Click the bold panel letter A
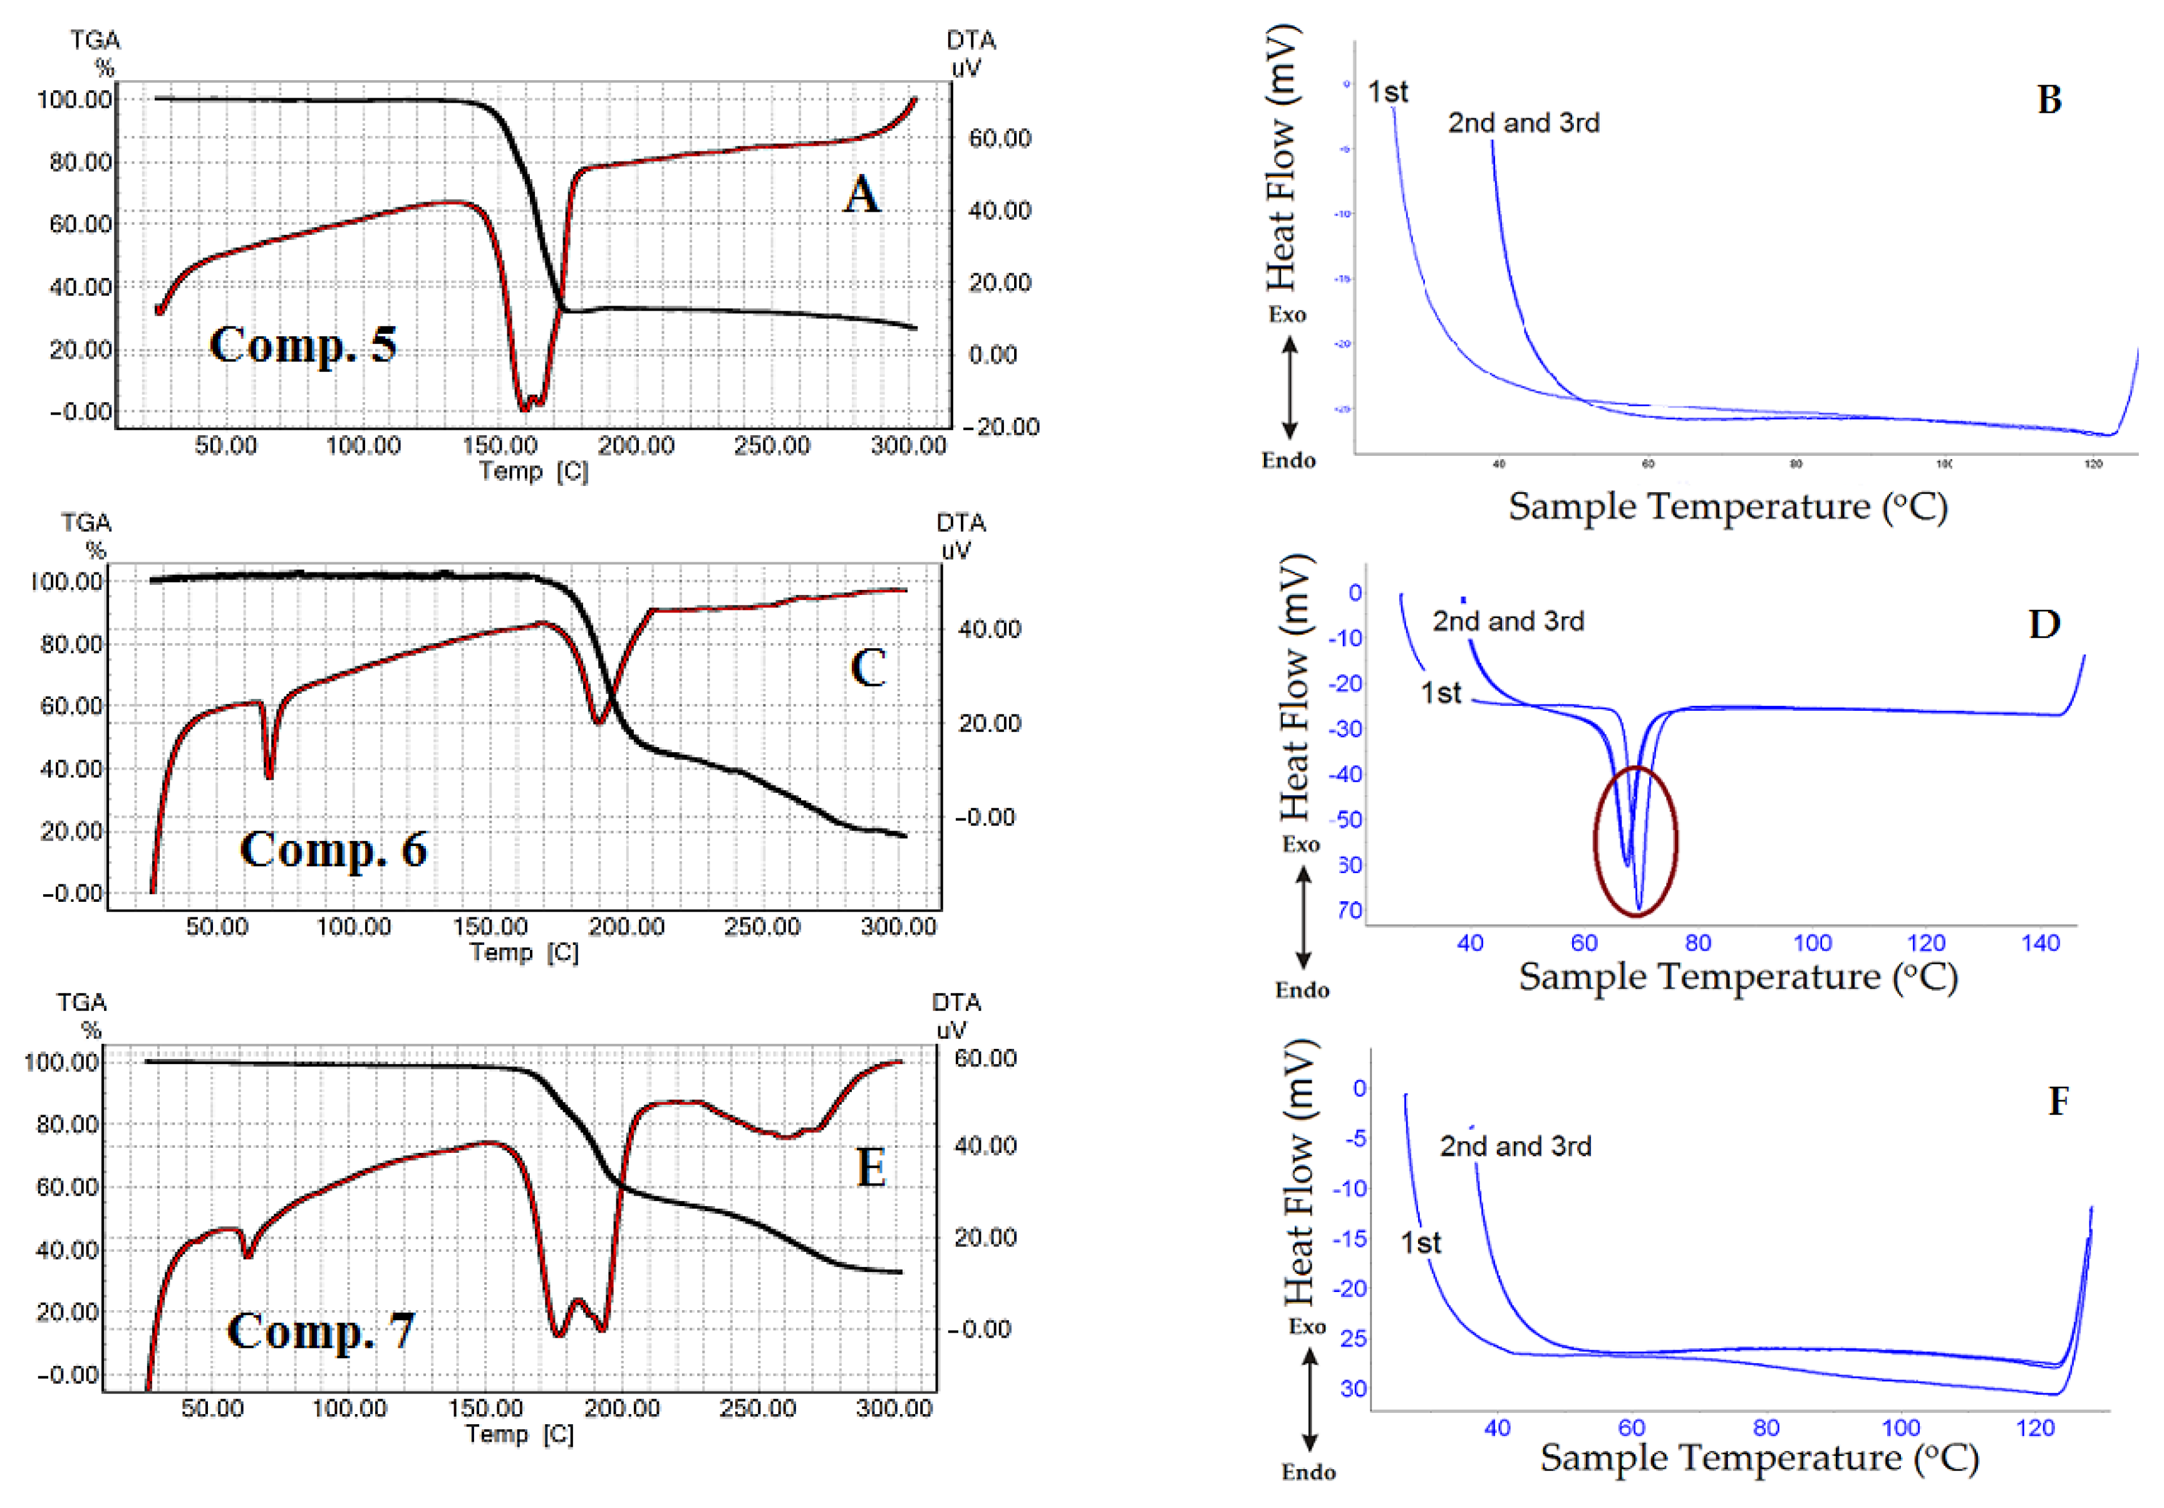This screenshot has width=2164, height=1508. click(861, 195)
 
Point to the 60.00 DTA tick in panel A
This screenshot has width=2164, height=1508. click(1000, 138)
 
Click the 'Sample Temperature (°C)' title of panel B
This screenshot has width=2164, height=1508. click(1727, 507)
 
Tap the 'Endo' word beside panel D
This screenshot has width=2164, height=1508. click(1302, 989)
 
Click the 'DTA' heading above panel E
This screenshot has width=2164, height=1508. click(956, 1002)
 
